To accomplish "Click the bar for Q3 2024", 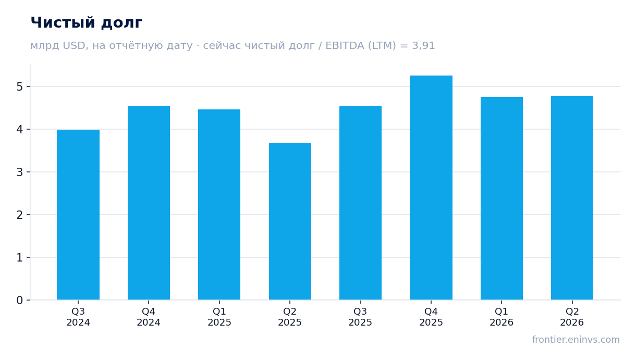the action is [78, 215].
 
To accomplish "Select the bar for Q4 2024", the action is [149, 203].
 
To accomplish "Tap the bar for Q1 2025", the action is [219, 205].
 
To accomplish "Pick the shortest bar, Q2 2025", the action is [290, 221].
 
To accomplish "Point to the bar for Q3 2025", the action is [360, 203].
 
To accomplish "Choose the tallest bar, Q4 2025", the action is [431, 188].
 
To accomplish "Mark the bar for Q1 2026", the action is [502, 198].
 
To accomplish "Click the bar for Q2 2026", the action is [572, 198].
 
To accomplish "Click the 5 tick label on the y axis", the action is [20, 87].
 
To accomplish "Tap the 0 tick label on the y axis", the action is [20, 300].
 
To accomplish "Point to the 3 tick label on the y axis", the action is [20, 172].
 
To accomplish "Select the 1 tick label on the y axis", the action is [20, 258].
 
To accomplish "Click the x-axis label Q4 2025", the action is [431, 317].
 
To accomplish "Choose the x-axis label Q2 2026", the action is [572, 317].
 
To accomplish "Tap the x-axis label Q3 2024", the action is [78, 317].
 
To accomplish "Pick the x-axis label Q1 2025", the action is [219, 317].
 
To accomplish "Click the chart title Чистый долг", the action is [87, 23].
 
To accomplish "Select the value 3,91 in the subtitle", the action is [423, 46].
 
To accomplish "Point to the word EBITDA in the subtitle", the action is [345, 45].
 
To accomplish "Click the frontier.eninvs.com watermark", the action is [576, 340].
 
